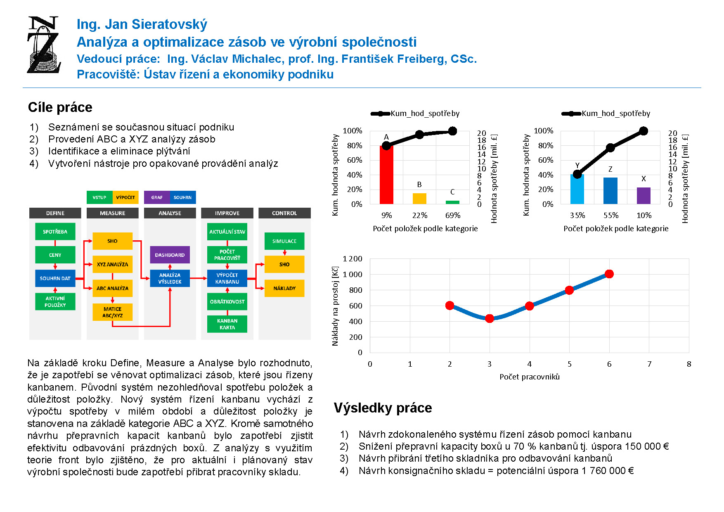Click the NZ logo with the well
tap(44, 45)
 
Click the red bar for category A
tap(386, 175)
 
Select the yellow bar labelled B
tap(419, 199)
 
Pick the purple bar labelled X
tap(644, 196)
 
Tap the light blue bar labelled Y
tap(577, 189)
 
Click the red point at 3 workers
tap(490, 318)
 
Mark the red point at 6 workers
tap(609, 274)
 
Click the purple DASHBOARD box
tap(170, 255)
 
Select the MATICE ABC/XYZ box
tap(112, 312)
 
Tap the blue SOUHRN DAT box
tap(55, 278)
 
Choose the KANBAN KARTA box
tap(227, 324)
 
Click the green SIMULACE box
tap(284, 241)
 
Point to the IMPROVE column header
tap(227, 213)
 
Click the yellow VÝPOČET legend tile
tap(125, 197)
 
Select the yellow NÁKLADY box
tap(284, 288)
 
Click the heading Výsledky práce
tap(383, 408)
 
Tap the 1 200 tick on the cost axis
tap(353, 259)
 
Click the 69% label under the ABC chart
tap(453, 215)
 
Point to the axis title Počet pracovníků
tap(530, 377)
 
